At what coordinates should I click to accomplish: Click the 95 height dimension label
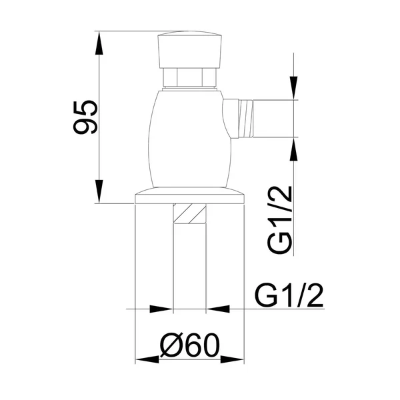point(85,117)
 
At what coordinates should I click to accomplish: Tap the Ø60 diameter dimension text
point(189,345)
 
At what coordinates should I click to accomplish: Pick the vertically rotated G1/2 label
point(279,220)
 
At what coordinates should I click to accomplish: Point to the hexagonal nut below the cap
point(189,77)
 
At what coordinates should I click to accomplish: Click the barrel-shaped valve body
point(190,139)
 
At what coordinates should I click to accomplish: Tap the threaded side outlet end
point(245,119)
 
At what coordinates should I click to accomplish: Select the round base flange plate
point(189,196)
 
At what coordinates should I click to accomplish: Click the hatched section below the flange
point(189,214)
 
